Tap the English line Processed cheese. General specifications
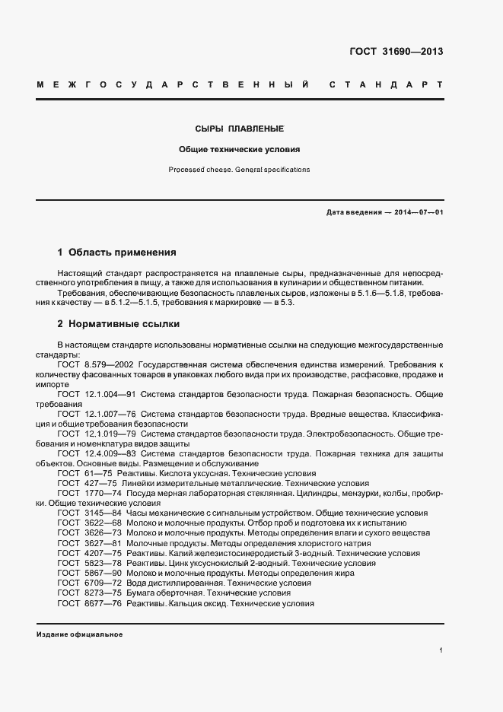240,170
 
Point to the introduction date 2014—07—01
417,212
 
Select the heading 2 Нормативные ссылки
119,323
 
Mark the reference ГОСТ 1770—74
87,493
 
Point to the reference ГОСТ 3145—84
87,513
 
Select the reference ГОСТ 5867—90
87,572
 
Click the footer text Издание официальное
79,634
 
